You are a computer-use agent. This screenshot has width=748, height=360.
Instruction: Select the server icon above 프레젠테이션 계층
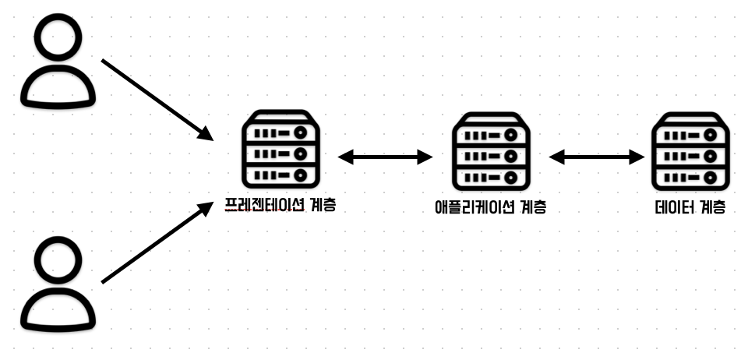pos(280,151)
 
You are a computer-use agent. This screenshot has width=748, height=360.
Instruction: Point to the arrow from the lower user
pos(157,242)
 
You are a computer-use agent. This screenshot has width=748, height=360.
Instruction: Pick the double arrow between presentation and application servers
pos(385,157)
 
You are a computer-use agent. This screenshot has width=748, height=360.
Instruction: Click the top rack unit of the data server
pos(690,135)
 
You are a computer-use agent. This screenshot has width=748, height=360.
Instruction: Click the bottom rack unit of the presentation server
pos(280,175)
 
